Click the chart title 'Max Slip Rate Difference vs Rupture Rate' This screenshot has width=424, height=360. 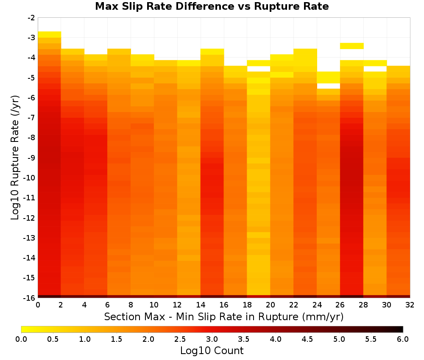click(x=212, y=6)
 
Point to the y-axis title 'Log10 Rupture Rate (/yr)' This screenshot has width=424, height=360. click(x=15, y=158)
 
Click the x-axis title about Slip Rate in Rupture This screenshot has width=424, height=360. click(x=223, y=317)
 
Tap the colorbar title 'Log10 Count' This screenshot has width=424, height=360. click(x=212, y=351)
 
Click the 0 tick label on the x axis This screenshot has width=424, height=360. click(x=38, y=305)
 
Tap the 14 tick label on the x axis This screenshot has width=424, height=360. click(x=201, y=305)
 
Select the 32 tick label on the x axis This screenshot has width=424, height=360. click(x=410, y=305)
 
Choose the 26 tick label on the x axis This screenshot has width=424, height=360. click(x=340, y=305)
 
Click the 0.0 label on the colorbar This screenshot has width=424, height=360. click(x=21, y=339)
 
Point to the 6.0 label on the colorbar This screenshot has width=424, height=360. click(x=403, y=339)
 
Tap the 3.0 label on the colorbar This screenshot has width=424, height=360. click(x=212, y=339)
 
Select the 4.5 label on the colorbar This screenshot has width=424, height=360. click(x=307, y=339)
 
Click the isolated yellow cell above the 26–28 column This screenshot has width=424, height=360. click(x=351, y=46)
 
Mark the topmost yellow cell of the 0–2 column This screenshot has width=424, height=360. click(x=50, y=35)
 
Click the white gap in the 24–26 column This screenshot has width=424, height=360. click(x=328, y=86)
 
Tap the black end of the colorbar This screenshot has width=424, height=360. click(x=400, y=329)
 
